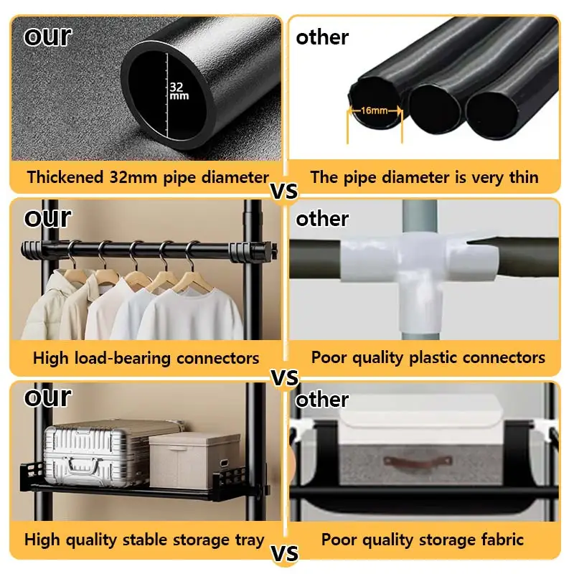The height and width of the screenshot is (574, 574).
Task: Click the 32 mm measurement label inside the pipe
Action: (x=179, y=90)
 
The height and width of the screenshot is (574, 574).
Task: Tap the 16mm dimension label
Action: (x=374, y=110)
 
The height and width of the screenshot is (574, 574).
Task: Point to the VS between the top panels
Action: (x=285, y=192)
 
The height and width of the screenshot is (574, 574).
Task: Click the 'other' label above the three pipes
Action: (x=322, y=37)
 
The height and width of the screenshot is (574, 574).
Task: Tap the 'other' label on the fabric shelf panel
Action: (x=322, y=400)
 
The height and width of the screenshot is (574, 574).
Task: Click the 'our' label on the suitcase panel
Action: (x=48, y=397)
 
